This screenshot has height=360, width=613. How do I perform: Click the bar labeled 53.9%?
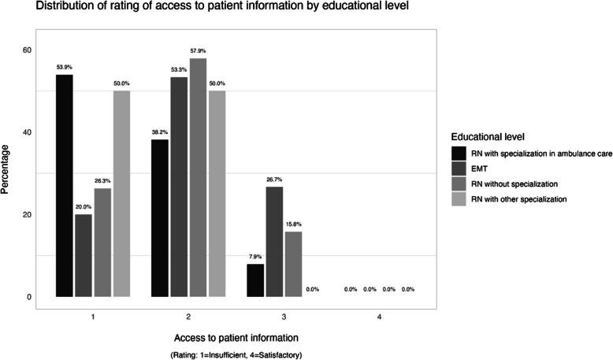(x=64, y=186)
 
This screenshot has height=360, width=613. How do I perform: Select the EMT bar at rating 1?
(x=83, y=255)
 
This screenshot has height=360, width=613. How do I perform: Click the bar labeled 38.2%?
(x=159, y=218)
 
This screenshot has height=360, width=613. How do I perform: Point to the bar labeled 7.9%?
(x=255, y=280)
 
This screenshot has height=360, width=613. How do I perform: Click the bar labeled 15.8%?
(x=293, y=264)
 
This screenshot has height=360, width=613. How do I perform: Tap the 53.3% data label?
(x=179, y=69)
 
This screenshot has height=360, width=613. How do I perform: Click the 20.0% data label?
(x=83, y=206)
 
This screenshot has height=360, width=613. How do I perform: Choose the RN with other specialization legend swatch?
(x=459, y=199)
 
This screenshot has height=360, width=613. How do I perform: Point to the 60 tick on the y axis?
(x=26, y=50)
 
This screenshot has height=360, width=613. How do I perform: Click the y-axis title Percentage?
(x=7, y=169)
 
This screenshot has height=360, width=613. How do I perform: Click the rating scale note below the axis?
(x=236, y=354)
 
